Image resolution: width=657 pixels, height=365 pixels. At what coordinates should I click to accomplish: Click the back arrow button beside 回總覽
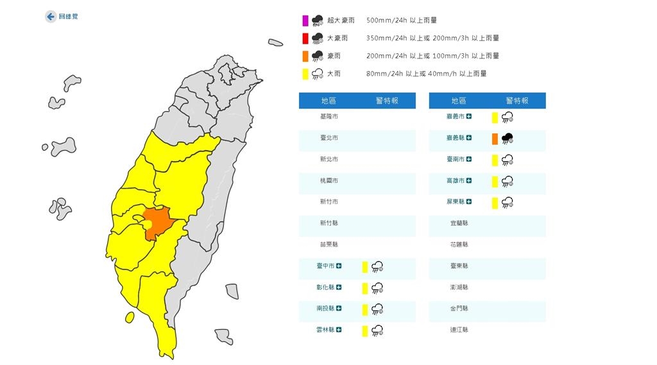(50, 17)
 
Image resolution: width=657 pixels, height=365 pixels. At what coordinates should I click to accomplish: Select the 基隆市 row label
(328, 117)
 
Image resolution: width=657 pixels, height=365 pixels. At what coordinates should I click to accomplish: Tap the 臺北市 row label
(328, 138)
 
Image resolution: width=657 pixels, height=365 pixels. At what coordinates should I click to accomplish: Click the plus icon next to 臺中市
(339, 266)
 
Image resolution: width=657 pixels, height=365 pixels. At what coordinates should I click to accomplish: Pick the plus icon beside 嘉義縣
(470, 138)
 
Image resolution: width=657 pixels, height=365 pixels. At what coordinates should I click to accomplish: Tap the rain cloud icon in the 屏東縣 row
(508, 203)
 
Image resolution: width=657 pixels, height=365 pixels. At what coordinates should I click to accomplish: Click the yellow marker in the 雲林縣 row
(364, 330)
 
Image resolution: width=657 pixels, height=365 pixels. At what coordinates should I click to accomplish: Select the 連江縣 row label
(459, 329)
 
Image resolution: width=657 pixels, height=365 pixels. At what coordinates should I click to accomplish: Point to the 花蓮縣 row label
(459, 244)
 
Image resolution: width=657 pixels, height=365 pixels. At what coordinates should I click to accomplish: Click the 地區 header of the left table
(328, 101)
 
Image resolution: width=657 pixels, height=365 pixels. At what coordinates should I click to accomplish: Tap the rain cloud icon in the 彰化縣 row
(377, 288)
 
